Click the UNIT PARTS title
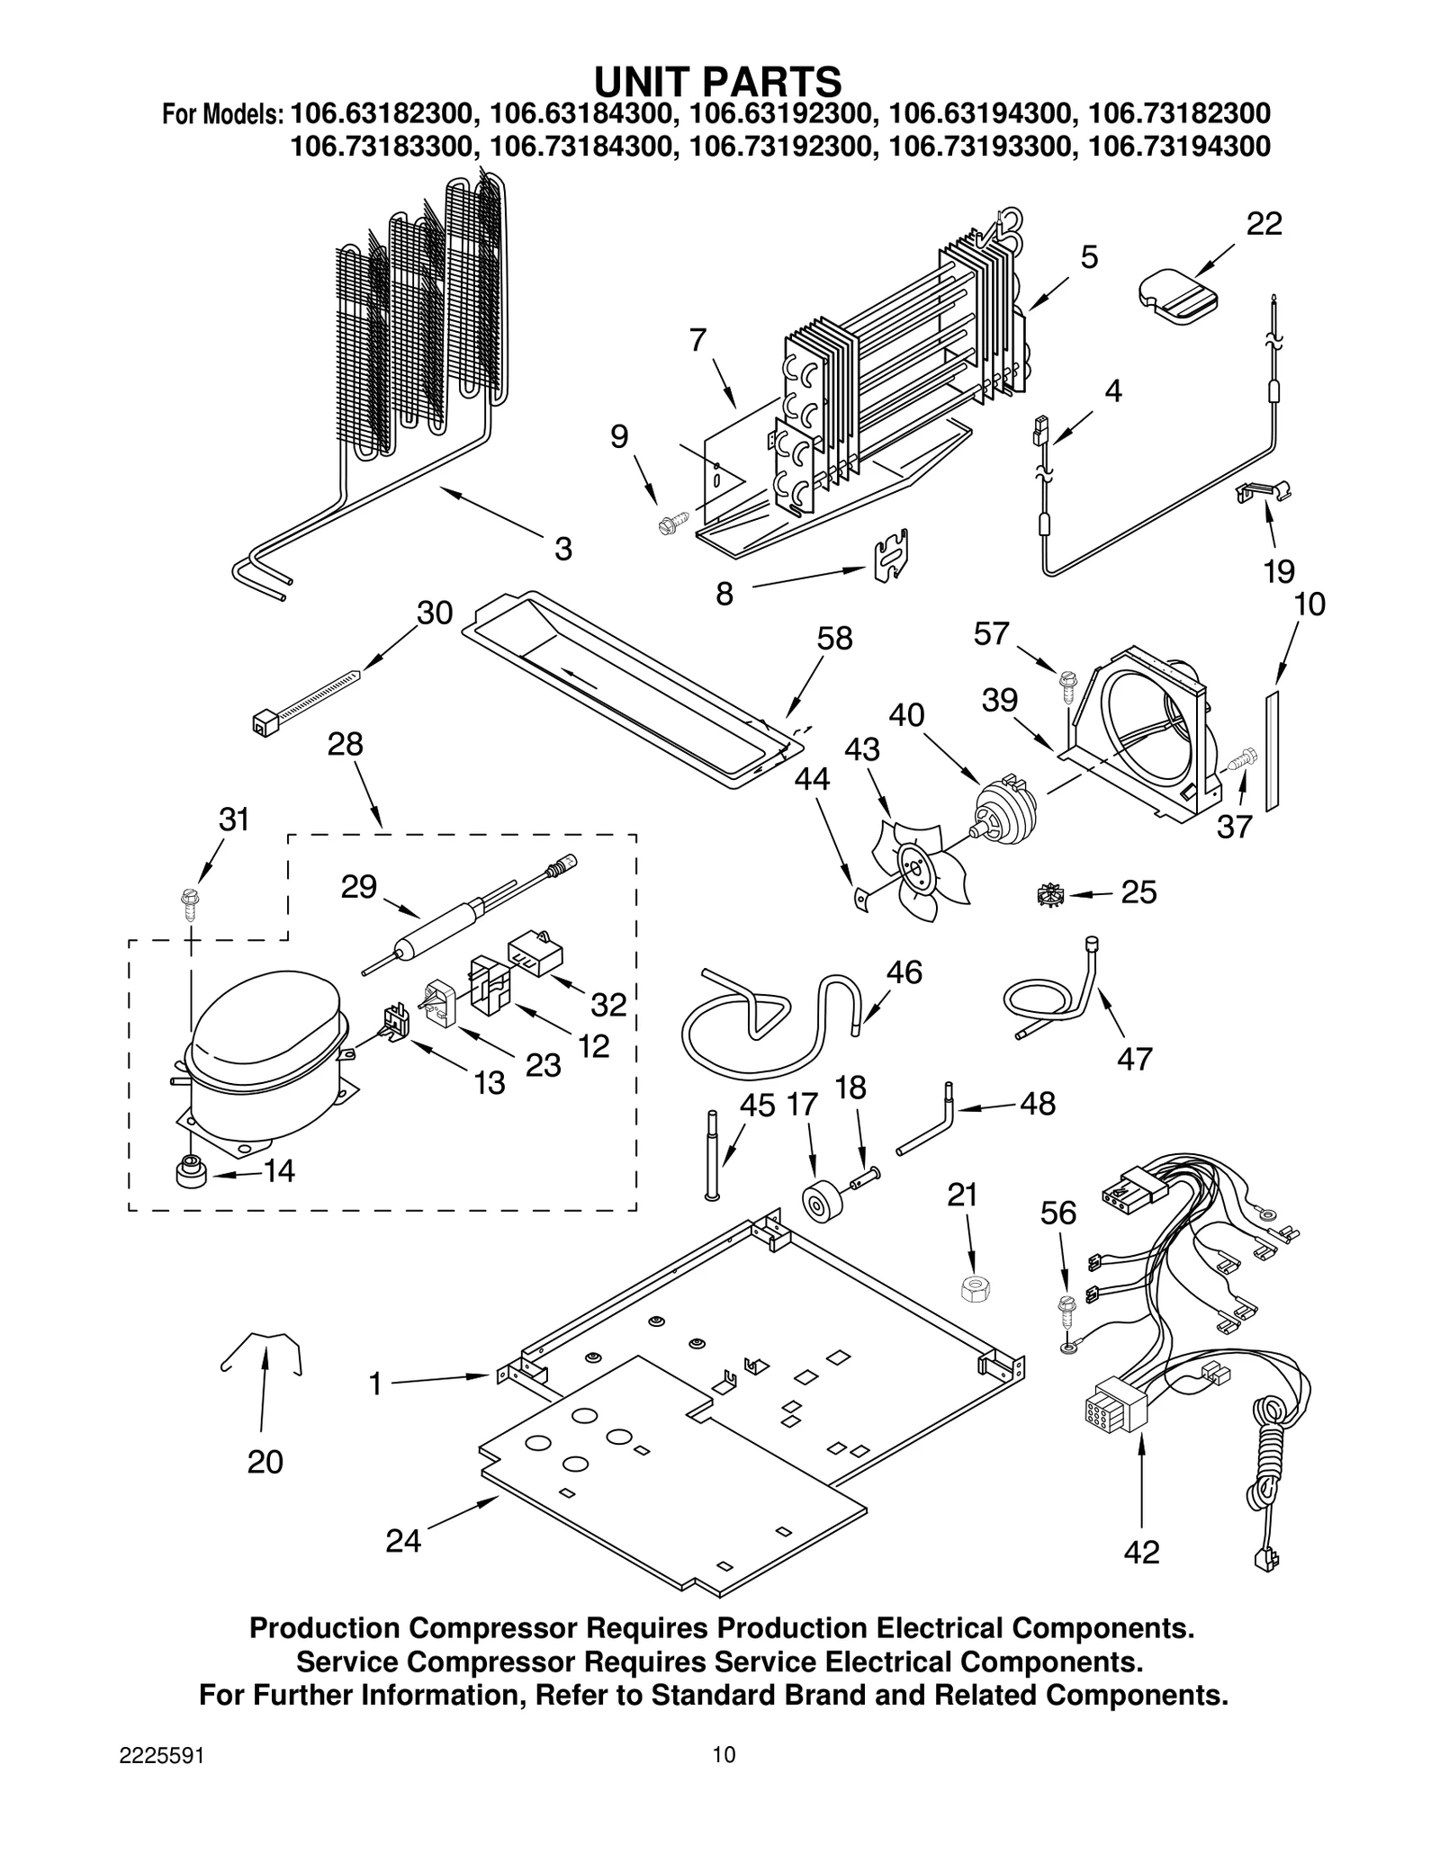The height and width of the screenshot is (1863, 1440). [717, 81]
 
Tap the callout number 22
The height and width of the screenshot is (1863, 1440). [1263, 224]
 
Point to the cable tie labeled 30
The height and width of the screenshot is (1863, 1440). [306, 697]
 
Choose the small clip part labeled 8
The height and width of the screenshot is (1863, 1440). [891, 555]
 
